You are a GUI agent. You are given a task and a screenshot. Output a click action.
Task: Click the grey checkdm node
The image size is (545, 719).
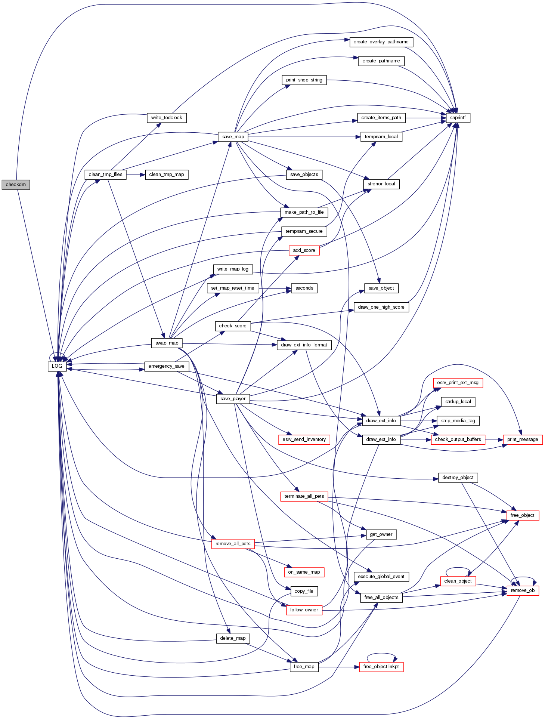tap(16, 185)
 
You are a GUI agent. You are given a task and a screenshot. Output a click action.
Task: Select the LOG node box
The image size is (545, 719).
tap(57, 366)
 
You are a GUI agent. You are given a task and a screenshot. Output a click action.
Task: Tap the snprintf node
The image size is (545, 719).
tap(458, 118)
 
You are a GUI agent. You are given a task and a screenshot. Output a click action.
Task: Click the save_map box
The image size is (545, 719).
tap(233, 137)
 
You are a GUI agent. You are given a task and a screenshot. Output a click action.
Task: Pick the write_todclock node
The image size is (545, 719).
tap(167, 118)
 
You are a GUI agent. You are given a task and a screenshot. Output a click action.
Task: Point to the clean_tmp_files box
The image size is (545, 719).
tap(106, 175)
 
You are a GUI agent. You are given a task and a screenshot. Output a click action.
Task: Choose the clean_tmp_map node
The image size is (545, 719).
tap(167, 175)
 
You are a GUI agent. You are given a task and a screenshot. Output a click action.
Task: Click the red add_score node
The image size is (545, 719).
tap(304, 250)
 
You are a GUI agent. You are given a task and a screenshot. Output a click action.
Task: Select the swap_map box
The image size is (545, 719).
tap(167, 343)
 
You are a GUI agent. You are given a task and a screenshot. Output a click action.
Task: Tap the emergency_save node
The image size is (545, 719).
tap(166, 366)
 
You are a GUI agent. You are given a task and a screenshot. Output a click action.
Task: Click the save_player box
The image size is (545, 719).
tap(233, 399)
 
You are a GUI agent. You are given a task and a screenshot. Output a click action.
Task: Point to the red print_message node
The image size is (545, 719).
tap(523, 439)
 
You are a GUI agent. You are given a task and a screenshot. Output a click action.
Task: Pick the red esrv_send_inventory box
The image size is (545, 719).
tap(304, 439)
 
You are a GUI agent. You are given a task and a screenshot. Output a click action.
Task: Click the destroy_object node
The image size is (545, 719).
tap(458, 478)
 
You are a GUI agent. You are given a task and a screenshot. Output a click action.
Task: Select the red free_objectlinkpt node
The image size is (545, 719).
tap(381, 667)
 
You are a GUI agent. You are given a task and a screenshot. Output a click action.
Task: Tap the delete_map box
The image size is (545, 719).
tap(233, 638)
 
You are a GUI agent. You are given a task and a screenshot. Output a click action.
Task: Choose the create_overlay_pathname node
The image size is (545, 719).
tap(381, 42)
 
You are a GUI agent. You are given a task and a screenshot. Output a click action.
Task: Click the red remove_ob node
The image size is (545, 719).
tap(523, 591)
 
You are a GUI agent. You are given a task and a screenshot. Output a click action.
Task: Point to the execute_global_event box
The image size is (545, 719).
tap(381, 577)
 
